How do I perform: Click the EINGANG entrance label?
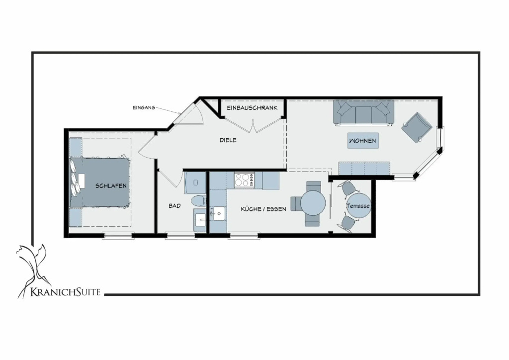(x=144, y=107)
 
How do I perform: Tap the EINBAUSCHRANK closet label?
(x=252, y=108)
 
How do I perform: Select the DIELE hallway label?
(x=228, y=140)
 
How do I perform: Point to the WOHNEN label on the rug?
(x=362, y=141)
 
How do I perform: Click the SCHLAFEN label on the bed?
(x=111, y=185)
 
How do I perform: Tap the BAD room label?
(x=174, y=206)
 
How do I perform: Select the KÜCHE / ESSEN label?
(x=263, y=209)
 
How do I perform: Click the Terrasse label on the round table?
(x=358, y=206)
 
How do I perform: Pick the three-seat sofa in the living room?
(x=363, y=113)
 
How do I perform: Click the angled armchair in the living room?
(x=417, y=128)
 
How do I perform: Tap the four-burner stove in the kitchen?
(x=245, y=180)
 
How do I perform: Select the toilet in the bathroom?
(x=198, y=201)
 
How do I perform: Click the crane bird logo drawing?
(x=32, y=270)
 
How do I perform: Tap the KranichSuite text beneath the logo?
(x=65, y=292)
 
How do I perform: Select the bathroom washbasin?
(x=200, y=220)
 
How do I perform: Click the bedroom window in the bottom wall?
(x=118, y=235)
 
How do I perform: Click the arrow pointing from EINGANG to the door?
(x=168, y=110)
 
